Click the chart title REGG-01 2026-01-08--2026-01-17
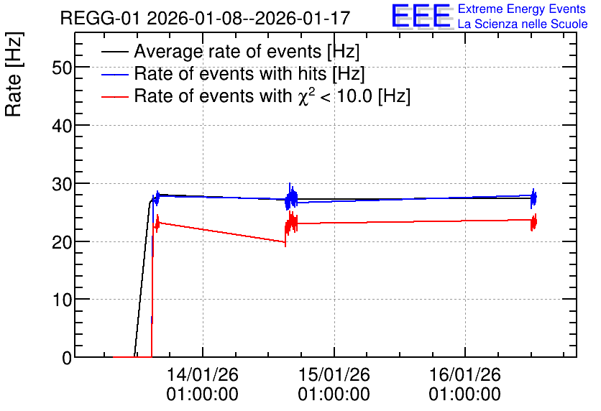point(205,18)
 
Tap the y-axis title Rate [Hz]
point(14,75)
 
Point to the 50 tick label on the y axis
point(62,68)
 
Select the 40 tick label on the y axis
point(62,126)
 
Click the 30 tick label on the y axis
point(62,184)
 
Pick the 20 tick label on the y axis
point(62,241)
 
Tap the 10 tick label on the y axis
point(62,300)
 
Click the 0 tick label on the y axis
point(67,358)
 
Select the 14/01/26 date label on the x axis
point(203,374)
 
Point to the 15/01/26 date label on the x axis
point(334,374)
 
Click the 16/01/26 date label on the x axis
point(464,374)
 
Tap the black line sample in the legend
point(114,52)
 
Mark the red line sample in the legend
point(114,96)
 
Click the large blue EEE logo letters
point(421,16)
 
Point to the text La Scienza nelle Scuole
point(523,24)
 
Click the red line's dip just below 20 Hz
point(285,242)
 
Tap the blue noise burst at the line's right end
point(533,198)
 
